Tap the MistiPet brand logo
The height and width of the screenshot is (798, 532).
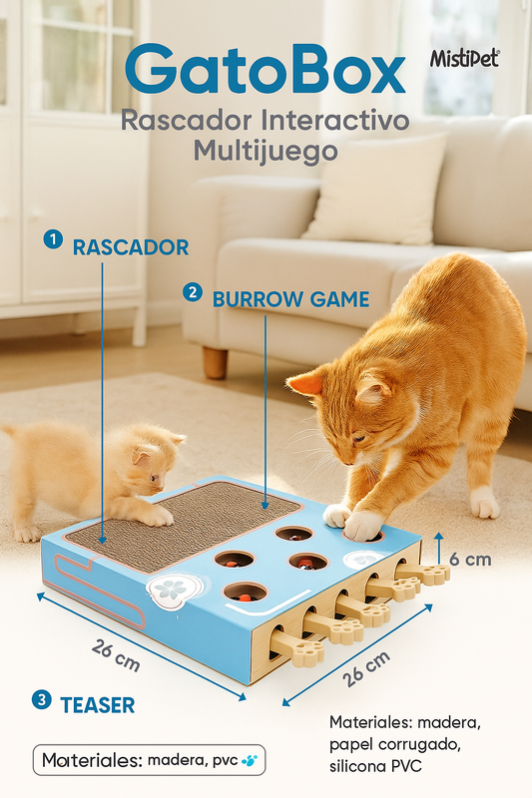464,59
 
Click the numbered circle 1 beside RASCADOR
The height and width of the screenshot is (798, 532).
53,240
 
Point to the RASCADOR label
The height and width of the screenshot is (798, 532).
130,247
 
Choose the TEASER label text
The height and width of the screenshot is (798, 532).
97,704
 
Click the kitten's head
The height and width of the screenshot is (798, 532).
151,459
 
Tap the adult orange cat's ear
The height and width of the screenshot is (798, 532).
306,383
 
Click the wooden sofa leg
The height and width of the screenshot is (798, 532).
215,362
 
